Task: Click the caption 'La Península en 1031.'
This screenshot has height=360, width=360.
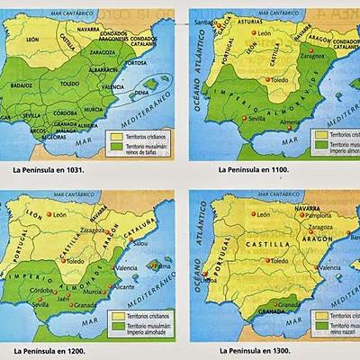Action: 52,168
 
